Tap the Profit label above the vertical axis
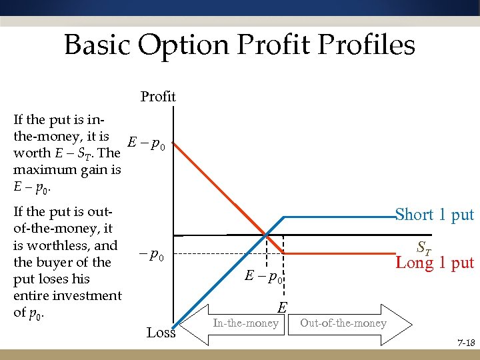(x=158, y=97)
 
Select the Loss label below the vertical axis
(x=161, y=332)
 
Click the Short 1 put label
(x=434, y=215)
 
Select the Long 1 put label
(x=435, y=263)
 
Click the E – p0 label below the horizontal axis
(x=263, y=275)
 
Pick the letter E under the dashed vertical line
(x=282, y=307)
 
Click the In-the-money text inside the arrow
(x=245, y=323)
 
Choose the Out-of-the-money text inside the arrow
(x=343, y=323)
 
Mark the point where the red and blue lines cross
(x=265, y=235)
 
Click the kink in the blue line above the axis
(x=285, y=217)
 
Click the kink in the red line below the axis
(x=285, y=254)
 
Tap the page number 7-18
(x=465, y=343)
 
